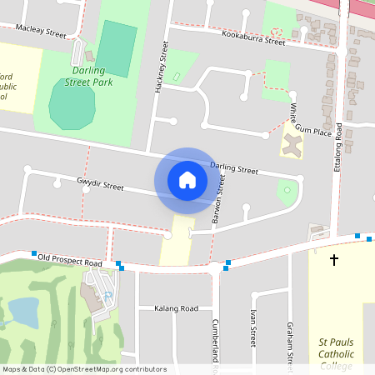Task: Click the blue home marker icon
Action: click(x=187, y=180)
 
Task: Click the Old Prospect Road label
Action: click(x=70, y=262)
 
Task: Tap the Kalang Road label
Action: click(x=176, y=307)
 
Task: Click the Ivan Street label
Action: click(x=252, y=328)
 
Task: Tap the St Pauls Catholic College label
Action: click(x=342, y=353)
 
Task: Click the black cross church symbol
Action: click(x=334, y=260)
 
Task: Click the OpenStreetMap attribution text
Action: click(x=84, y=369)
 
